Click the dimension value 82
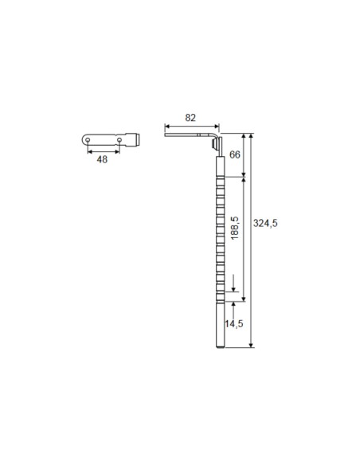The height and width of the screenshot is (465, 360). coord(190,118)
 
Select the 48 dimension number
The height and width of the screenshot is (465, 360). coord(102,159)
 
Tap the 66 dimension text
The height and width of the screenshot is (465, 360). coord(235,154)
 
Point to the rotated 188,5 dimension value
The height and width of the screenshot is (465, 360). coord(235,228)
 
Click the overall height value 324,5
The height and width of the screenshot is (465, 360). coord(265,223)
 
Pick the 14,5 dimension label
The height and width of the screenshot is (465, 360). coord(233,323)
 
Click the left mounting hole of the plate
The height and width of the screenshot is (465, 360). coord(88,140)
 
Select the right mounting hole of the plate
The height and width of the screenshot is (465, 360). coord(119,140)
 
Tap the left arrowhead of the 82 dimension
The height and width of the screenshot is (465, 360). coord(167,127)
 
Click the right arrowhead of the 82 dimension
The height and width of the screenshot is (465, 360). coord(217,127)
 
